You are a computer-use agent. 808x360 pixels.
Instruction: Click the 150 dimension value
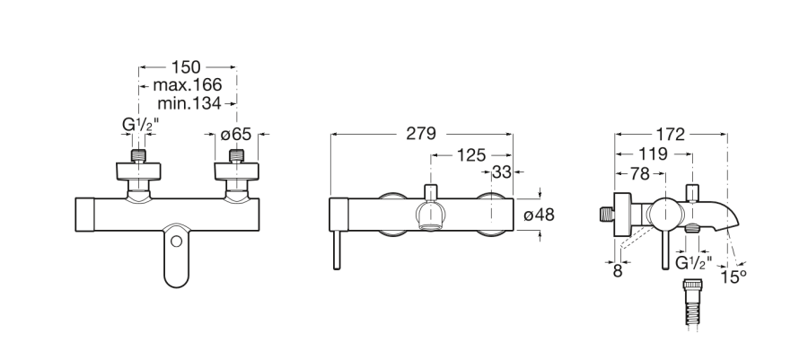[x=186, y=67]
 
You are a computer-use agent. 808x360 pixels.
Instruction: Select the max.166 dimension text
[x=188, y=85]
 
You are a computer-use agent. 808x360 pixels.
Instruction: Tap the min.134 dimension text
[x=189, y=103]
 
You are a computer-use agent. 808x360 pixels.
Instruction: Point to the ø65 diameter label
[x=235, y=135]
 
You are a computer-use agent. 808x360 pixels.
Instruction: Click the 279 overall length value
[x=421, y=134]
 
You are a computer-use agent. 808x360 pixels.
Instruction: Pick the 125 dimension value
[x=471, y=154]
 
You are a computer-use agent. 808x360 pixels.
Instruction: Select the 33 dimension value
[x=501, y=172]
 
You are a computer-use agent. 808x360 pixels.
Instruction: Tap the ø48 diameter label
[x=539, y=215]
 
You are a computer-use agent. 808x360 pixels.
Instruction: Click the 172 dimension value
[x=670, y=135]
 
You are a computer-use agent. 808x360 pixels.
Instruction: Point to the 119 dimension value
[x=653, y=154]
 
